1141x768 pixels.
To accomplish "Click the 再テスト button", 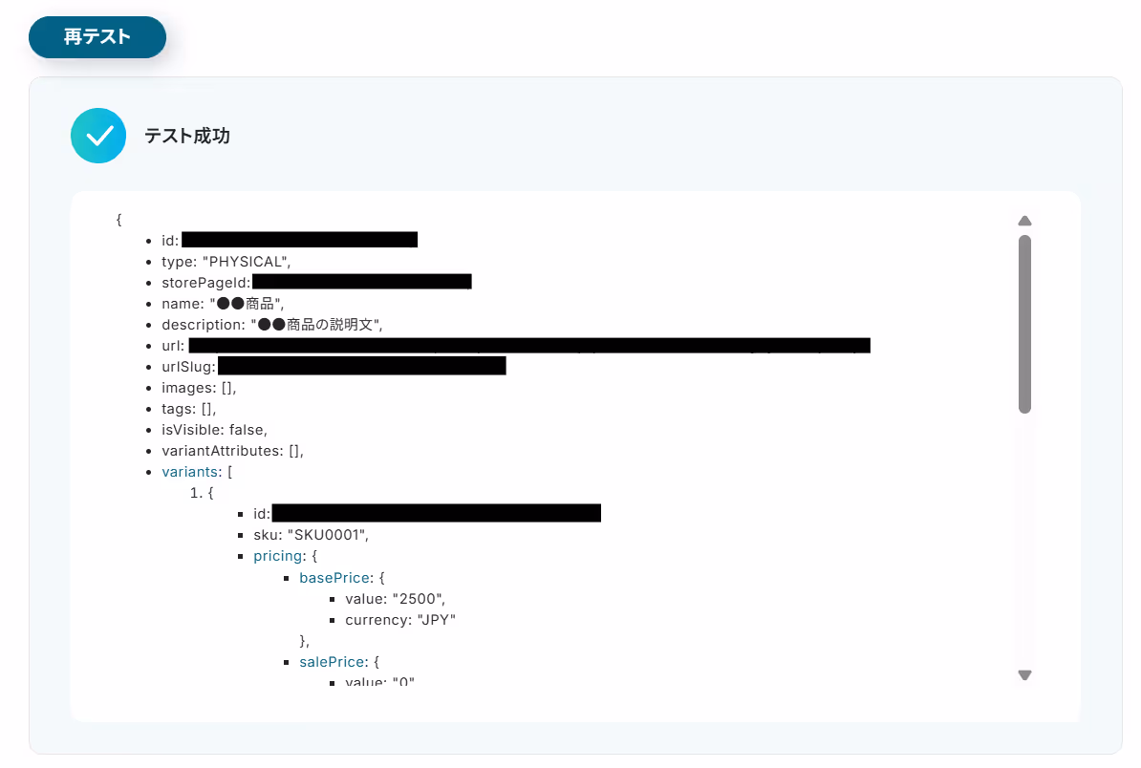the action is click(97, 37).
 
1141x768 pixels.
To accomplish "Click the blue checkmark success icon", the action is click(98, 136).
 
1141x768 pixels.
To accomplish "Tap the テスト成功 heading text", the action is click(186, 136).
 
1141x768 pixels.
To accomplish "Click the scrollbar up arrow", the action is click(1024, 220).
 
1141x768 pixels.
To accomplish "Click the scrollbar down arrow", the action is click(1024, 674).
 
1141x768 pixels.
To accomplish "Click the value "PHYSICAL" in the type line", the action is click(246, 261).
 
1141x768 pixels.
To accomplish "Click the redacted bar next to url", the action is click(528, 345).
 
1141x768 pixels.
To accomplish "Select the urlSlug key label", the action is click(188, 366).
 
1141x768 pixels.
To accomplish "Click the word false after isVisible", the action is click(248, 429).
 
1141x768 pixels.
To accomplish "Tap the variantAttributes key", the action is click(222, 450).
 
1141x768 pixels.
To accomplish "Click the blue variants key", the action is click(190, 471).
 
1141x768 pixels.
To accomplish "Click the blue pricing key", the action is click(276, 555).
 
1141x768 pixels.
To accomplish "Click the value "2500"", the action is click(419, 599).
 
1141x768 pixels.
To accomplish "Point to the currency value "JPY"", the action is click(436, 620).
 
